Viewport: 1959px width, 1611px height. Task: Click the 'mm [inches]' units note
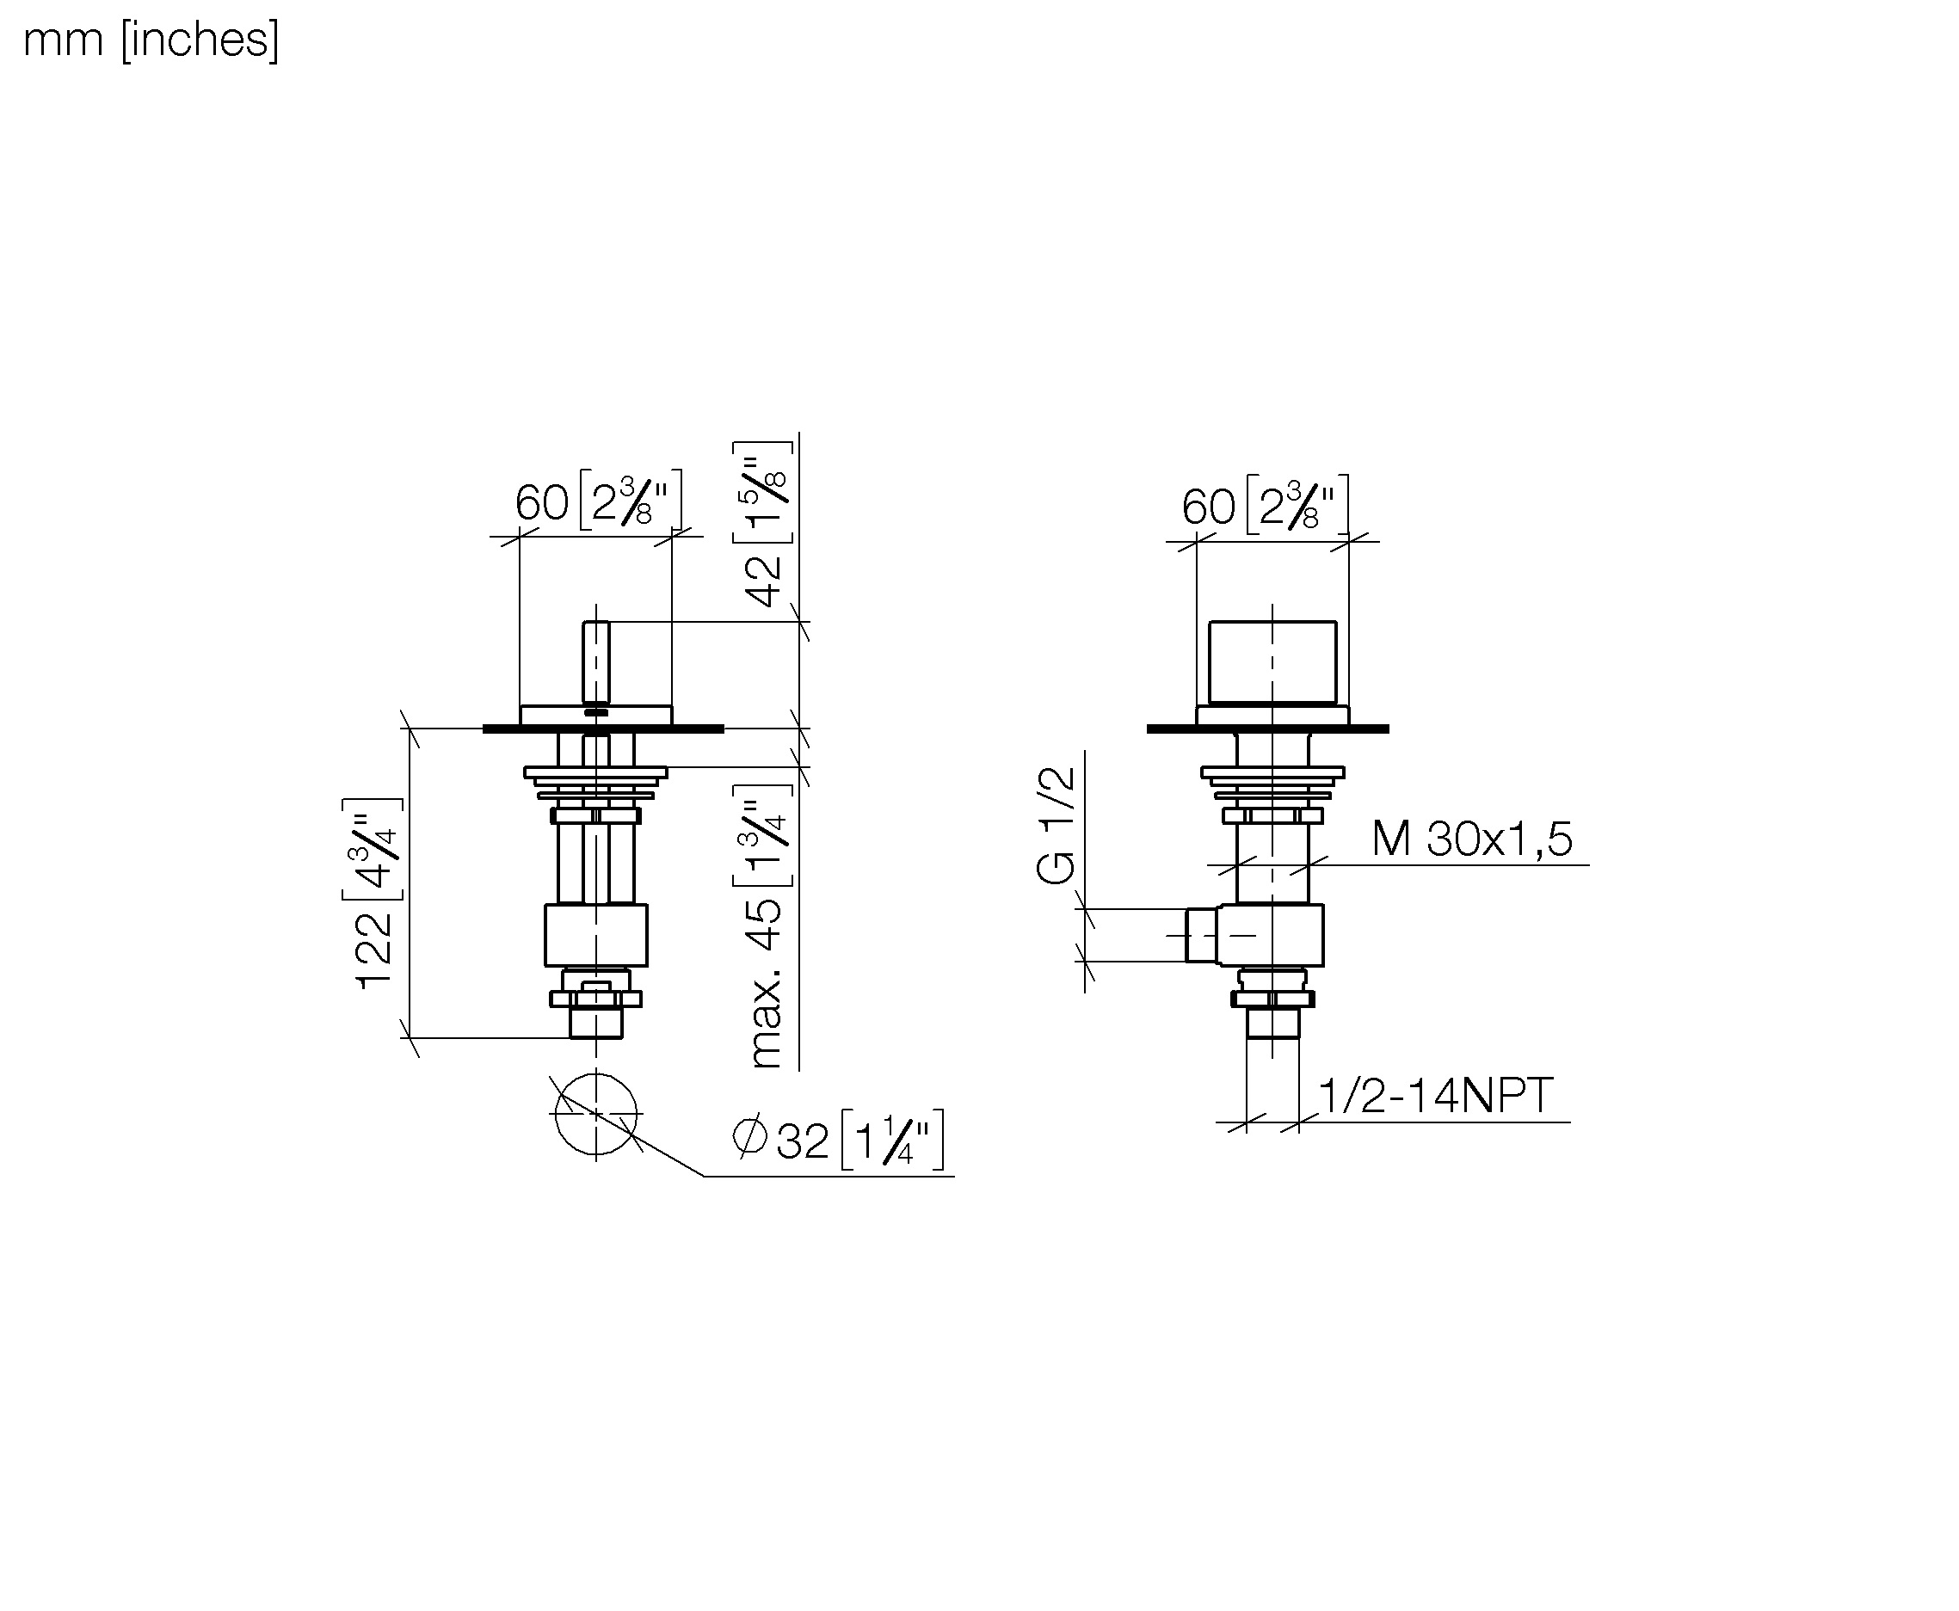[x=151, y=40]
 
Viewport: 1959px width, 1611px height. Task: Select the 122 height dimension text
[x=374, y=950]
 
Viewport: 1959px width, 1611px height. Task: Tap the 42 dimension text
[x=765, y=581]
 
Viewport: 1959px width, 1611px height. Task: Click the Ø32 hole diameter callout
[x=780, y=1140]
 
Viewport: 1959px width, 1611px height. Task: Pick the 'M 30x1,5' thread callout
[x=1472, y=839]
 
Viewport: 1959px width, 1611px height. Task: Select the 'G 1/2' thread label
[x=1056, y=825]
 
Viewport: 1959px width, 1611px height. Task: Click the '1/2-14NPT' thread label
[x=1435, y=1096]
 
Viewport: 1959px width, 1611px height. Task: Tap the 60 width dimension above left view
[x=541, y=503]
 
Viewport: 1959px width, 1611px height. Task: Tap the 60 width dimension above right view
[x=1207, y=507]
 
